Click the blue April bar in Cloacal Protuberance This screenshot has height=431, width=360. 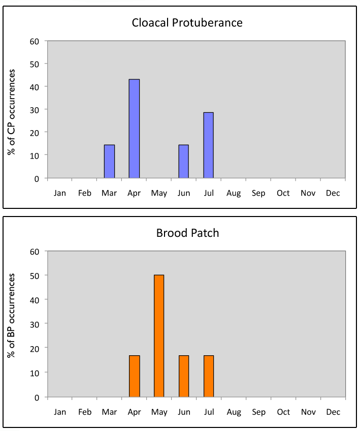click(x=134, y=129)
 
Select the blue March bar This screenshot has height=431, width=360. click(x=109, y=162)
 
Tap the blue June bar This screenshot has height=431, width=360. click(x=183, y=162)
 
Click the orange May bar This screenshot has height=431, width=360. click(x=159, y=336)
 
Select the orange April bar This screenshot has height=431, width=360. click(x=134, y=376)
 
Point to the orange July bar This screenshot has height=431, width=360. click(x=208, y=376)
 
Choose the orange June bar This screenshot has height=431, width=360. click(x=183, y=376)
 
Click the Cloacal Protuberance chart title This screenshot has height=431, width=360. click(x=187, y=23)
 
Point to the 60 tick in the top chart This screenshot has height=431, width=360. click(x=35, y=41)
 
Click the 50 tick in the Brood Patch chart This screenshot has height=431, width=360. click(x=35, y=275)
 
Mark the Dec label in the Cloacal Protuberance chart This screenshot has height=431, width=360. click(x=333, y=193)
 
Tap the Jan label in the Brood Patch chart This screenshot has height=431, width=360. click(x=60, y=412)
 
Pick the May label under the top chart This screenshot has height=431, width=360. click(x=159, y=193)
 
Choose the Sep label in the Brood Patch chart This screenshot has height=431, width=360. click(x=258, y=412)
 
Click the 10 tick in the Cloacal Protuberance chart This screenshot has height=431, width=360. click(x=35, y=155)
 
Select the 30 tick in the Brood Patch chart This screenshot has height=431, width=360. click(x=35, y=324)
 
